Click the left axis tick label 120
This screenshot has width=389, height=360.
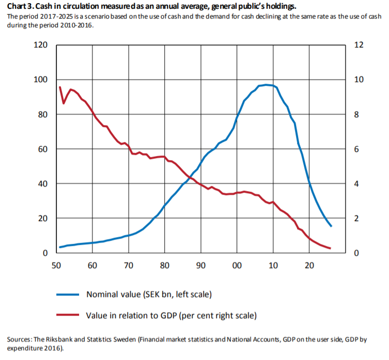coord(41,45)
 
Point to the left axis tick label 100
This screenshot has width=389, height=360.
coord(41,80)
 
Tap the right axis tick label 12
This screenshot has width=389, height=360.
coord(359,45)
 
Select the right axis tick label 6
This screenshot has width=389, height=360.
coord(356,149)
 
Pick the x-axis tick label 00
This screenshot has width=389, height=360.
coord(237,265)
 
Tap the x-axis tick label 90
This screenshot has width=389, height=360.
coord(201,265)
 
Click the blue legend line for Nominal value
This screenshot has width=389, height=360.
coord(67,294)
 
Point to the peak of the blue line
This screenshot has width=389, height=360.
coord(266,85)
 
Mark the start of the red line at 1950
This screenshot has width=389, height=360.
coord(60,87)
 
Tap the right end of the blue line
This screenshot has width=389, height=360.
coord(331,226)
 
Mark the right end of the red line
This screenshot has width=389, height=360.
coord(330,248)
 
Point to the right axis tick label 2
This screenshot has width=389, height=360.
coord(356,219)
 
